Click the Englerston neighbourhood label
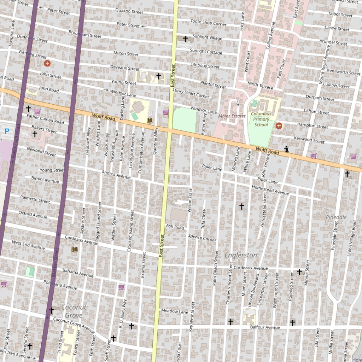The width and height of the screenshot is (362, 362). [x=241, y=255]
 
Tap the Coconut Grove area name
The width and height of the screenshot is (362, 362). [x=74, y=311]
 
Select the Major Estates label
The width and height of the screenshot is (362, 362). [x=232, y=116]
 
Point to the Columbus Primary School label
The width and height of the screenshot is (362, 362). [x=261, y=119]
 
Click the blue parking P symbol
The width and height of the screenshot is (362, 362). [x=7, y=131]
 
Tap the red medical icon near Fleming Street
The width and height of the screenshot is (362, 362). [x=47, y=63]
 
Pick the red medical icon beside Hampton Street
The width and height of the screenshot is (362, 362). [x=279, y=125]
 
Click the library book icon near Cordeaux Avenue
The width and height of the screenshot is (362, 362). [x=75, y=250]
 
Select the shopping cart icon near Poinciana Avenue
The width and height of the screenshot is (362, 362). [x=121, y=287]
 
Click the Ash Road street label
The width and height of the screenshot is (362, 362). [x=175, y=227]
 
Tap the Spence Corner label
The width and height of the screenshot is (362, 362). [x=202, y=238]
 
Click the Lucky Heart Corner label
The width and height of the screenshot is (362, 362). [x=191, y=93]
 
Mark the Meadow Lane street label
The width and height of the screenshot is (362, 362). [x=175, y=311]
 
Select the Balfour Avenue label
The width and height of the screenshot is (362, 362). [x=265, y=327]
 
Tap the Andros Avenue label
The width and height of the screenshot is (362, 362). [x=116, y=174]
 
